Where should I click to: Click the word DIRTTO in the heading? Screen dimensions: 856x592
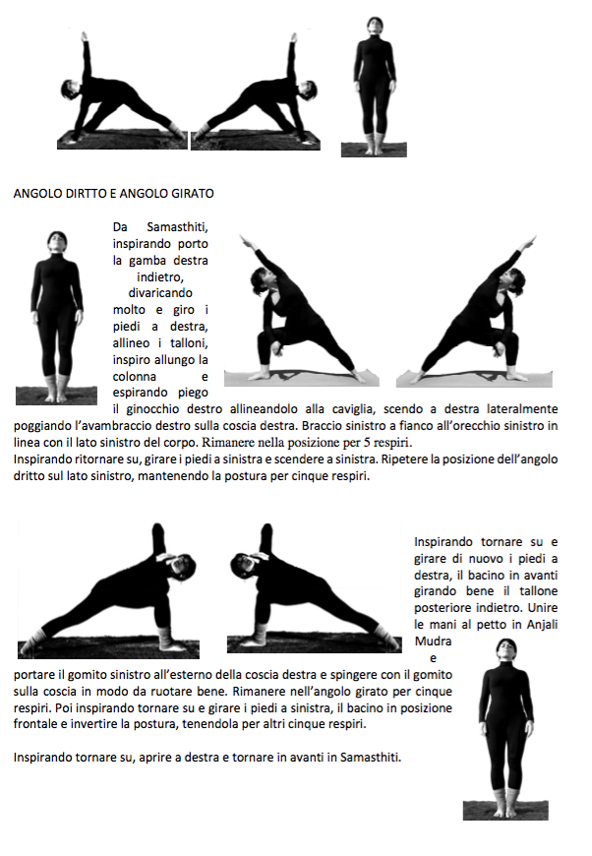click(89, 194)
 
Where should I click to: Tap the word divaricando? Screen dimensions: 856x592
click(159, 292)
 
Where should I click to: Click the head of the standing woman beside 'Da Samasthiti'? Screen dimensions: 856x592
click(56, 242)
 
